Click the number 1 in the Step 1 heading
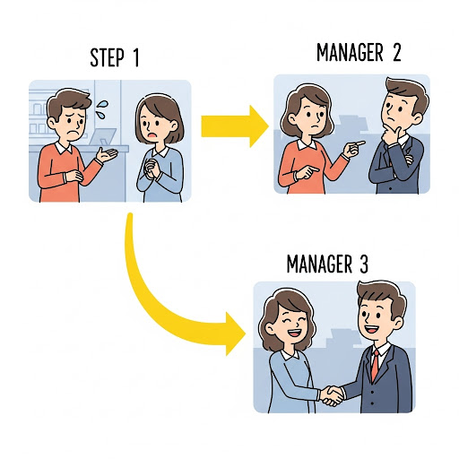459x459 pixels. click(x=135, y=57)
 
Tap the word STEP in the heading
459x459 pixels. click(x=107, y=57)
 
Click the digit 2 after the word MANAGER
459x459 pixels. click(x=396, y=52)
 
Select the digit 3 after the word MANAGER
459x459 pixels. click(x=363, y=264)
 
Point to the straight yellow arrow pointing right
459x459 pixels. click(x=235, y=126)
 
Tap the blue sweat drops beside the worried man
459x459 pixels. click(x=102, y=108)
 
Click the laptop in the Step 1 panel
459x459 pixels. click(x=102, y=137)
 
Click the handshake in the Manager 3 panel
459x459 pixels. click(x=332, y=395)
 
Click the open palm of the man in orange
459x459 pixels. click(x=107, y=154)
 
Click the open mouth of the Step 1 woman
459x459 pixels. click(x=152, y=134)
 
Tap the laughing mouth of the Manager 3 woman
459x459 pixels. click(x=295, y=332)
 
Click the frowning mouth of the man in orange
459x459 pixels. click(x=73, y=132)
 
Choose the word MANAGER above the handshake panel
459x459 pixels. click(x=319, y=264)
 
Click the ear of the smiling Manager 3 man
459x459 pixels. click(x=399, y=325)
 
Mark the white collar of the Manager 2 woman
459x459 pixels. click(x=307, y=144)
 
